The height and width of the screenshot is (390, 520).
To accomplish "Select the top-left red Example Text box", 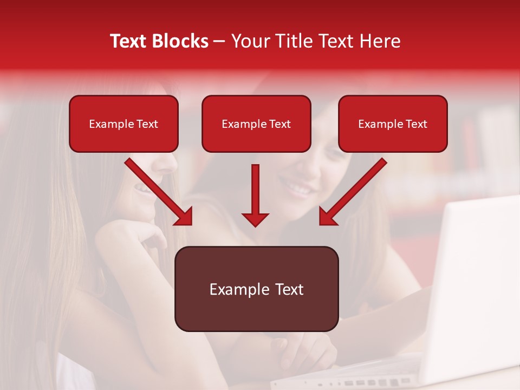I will click(123, 123).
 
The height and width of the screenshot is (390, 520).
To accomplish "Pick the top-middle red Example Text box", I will click(256, 123).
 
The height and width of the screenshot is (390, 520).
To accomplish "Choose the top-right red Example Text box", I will click(393, 123).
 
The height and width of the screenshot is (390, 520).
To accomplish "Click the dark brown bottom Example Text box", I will click(256, 289).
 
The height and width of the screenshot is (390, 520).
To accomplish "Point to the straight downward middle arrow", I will click(255, 190).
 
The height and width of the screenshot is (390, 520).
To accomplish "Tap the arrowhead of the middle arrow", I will click(255, 219).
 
